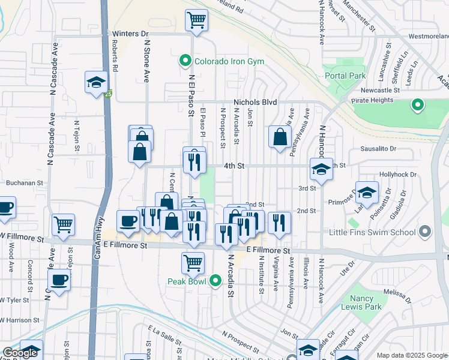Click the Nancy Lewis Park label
click(366, 302)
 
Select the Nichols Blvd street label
click(255, 103)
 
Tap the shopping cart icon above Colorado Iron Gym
click(196, 20)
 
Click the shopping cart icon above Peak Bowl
click(193, 262)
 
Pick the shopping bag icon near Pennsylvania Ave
click(280, 137)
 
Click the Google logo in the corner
click(20, 353)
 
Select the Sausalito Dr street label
click(379, 149)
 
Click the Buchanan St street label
click(25, 182)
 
